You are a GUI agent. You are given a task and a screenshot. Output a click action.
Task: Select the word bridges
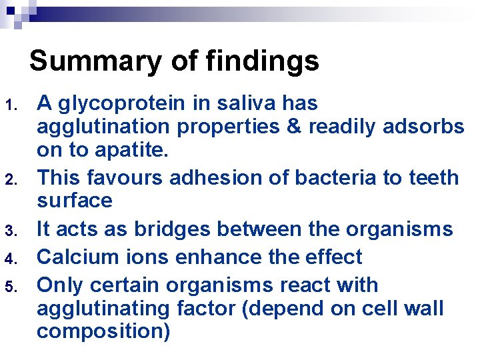point(163,229)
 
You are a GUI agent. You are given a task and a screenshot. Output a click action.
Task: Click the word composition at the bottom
point(103,331)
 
